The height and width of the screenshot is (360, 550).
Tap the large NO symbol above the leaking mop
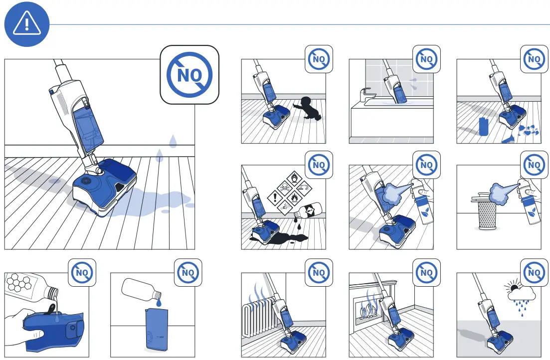coord(189,75)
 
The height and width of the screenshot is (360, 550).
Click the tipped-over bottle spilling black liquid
coord(309,210)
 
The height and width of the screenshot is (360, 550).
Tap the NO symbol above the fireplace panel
coord(426,273)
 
